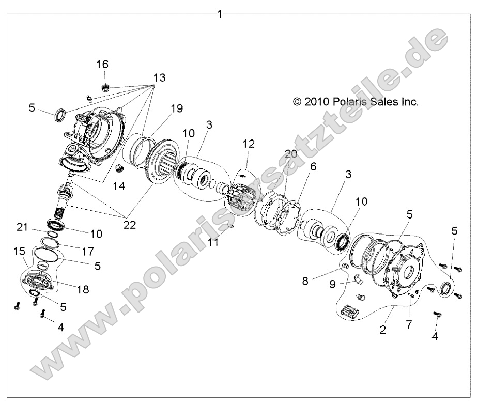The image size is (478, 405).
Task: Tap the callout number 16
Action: (102, 64)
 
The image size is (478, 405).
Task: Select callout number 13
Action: (159, 77)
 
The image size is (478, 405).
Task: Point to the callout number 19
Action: (177, 108)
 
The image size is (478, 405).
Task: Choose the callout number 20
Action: (291, 154)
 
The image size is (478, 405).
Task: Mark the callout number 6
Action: (313, 166)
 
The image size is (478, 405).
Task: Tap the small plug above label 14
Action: (120, 168)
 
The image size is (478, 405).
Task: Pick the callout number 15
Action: (19, 251)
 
